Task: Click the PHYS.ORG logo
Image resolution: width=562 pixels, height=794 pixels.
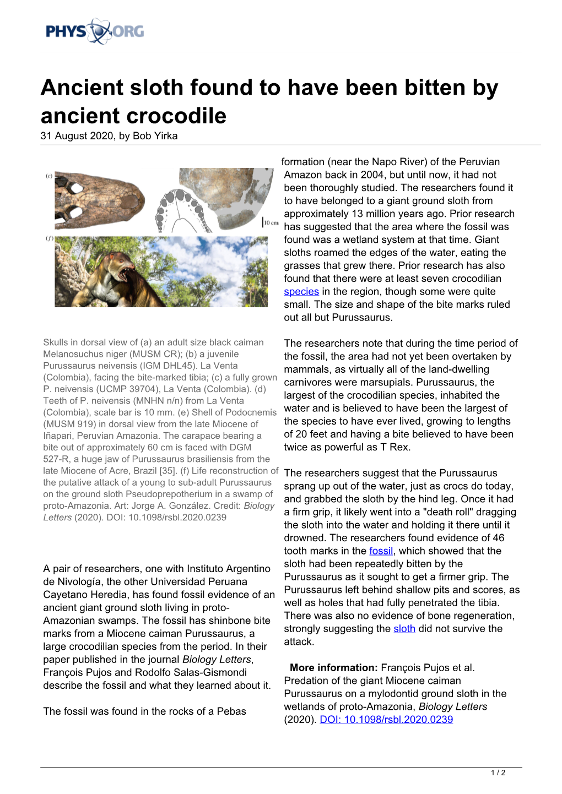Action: click(x=95, y=31)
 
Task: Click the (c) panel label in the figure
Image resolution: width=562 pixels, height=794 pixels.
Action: click(x=49, y=176)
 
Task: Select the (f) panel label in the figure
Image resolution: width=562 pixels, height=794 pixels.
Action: click(x=49, y=238)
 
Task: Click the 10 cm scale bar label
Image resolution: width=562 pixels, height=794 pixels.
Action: click(x=271, y=222)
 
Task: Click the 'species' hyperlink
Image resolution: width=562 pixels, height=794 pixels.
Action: click(x=301, y=292)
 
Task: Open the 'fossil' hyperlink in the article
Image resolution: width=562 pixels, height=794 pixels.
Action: click(x=381, y=551)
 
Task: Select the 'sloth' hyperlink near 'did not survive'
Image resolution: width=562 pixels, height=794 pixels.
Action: click(x=404, y=629)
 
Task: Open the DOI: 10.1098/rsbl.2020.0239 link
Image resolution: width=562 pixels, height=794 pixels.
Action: click(x=386, y=720)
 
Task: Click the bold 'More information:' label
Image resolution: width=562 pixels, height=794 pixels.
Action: click(x=333, y=668)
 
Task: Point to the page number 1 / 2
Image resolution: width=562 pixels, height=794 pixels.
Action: click(x=498, y=773)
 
